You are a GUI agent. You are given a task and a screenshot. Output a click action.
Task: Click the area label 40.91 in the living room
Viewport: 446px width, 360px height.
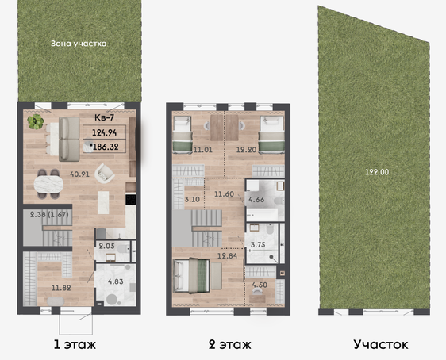tap(79, 174)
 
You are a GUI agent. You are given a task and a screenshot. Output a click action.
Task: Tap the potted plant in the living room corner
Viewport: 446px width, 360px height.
tap(36, 122)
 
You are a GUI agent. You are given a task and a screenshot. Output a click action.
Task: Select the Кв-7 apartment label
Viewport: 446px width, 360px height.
tap(104, 117)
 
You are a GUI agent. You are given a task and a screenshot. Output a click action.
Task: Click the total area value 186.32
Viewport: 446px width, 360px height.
tap(106, 147)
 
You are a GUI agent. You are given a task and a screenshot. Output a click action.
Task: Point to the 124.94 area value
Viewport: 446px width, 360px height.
tap(105, 132)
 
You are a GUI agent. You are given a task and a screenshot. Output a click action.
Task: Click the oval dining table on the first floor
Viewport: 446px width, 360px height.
tap(48, 184)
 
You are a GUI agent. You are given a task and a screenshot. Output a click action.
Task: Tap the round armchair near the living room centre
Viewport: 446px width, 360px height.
tap(105, 174)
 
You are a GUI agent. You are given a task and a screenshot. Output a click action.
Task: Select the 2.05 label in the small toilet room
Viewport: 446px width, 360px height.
tap(106, 246)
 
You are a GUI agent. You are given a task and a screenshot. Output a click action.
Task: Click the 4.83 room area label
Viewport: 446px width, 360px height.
tap(116, 281)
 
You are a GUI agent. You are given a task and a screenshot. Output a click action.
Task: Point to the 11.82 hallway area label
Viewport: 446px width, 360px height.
tap(61, 288)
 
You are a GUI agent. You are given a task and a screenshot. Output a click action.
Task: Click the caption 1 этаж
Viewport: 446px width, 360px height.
tap(75, 345)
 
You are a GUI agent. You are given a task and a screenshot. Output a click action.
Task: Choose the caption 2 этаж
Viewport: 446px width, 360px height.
tap(230, 345)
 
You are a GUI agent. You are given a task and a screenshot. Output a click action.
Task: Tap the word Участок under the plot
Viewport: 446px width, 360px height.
tap(381, 344)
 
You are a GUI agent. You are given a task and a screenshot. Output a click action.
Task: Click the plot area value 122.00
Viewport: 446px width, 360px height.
tap(377, 172)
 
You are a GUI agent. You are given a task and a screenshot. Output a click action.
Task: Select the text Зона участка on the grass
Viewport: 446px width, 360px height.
tap(79, 44)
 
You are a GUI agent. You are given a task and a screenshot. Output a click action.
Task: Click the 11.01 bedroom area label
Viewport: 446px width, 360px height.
tap(203, 149)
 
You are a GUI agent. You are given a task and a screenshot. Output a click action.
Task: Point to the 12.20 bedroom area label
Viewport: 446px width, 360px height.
tap(246, 149)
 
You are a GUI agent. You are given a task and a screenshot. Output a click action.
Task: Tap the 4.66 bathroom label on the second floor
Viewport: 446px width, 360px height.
tap(256, 200)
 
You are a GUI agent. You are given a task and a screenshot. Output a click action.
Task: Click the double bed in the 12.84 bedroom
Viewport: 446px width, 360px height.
tap(192, 276)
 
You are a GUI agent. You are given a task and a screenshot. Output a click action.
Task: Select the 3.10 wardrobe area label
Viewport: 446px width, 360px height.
tap(192, 199)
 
